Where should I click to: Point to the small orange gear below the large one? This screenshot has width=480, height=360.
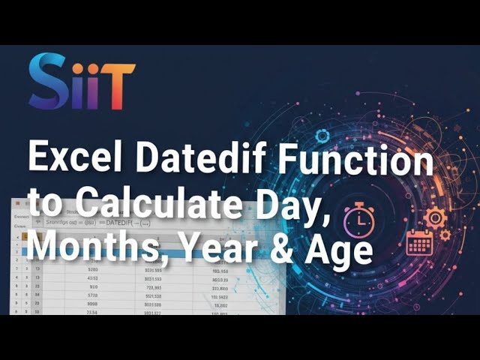445,235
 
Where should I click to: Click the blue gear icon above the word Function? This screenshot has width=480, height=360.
322,136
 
